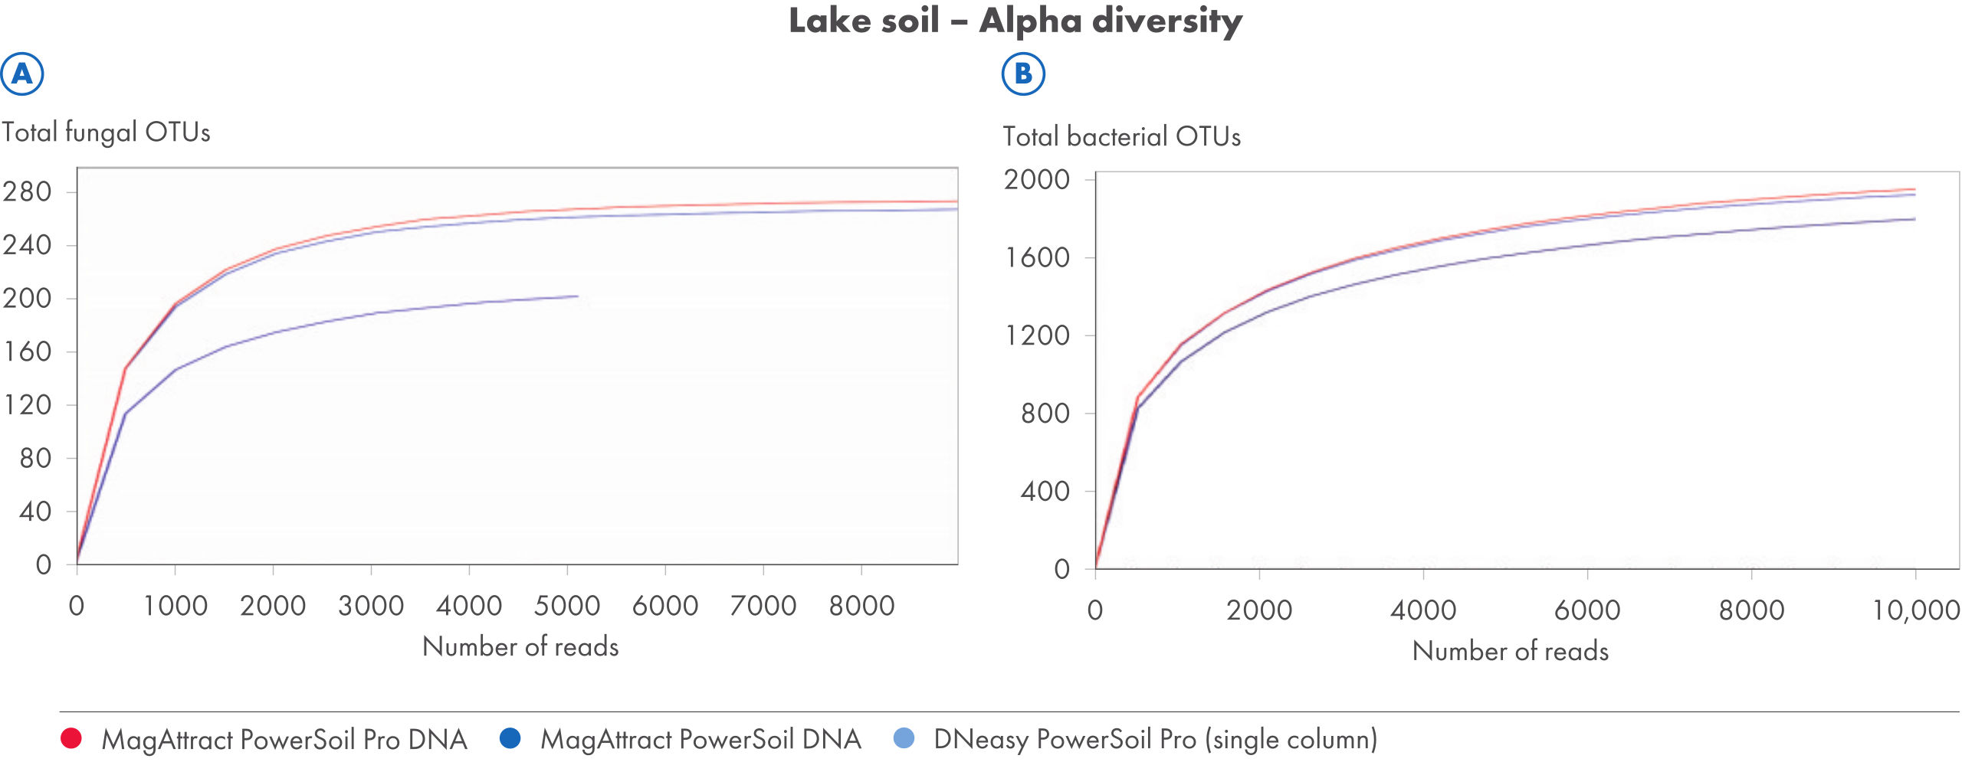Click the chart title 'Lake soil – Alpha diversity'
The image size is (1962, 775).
pos(1015,21)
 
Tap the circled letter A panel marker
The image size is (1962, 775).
pos(22,74)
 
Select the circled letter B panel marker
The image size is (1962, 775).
pos(1023,74)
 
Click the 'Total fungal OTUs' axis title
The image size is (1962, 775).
pos(106,132)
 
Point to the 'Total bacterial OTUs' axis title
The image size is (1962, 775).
pos(1121,137)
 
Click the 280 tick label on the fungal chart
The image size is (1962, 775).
pos(28,191)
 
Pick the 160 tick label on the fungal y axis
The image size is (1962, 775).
pos(28,352)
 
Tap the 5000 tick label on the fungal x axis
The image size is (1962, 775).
pos(566,606)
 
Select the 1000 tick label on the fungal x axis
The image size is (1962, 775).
pos(176,606)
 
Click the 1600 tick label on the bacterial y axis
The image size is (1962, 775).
pos(1037,257)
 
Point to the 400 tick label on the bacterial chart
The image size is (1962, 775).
pos(1045,491)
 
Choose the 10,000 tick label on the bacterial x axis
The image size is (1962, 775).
pos(1915,610)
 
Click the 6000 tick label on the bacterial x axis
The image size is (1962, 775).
pos(1586,610)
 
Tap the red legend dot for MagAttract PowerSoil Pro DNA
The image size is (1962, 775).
pos(71,738)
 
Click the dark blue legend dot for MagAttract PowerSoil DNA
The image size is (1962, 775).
pos(510,738)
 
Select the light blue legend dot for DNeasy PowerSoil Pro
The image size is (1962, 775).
pos(904,738)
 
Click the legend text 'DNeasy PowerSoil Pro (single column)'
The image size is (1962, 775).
pos(1155,740)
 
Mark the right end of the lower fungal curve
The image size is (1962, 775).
pos(577,296)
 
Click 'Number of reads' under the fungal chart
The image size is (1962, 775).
pos(520,647)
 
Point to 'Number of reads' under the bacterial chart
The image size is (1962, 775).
pos(1510,652)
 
